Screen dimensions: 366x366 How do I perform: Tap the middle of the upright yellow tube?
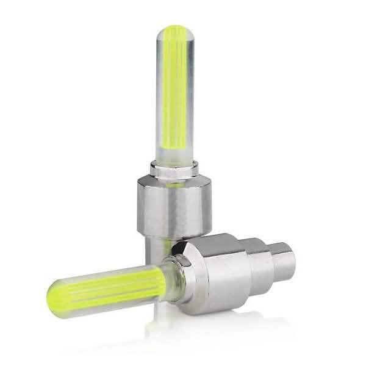pos(176,91)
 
